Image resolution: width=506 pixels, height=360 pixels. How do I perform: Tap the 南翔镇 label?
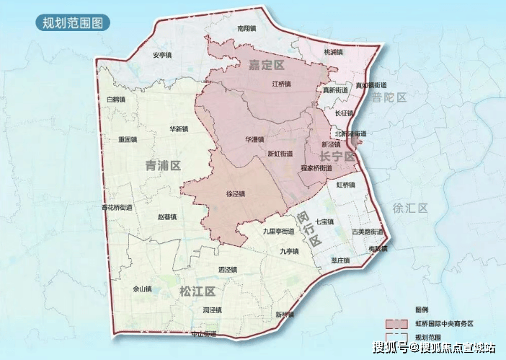point(247,29)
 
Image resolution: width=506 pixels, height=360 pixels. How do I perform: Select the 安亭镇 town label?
point(161,55)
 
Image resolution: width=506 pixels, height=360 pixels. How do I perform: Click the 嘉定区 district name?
point(267,66)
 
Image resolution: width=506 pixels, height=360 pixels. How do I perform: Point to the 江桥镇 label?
point(281,84)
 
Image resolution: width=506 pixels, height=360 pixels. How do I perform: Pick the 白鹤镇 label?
point(115,100)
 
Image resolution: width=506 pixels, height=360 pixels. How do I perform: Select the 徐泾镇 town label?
point(236,194)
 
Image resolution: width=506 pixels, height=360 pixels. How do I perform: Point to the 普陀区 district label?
point(390,97)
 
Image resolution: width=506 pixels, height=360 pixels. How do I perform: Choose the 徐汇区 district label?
point(410,208)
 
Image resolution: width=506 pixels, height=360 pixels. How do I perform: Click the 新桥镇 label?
point(284,315)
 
